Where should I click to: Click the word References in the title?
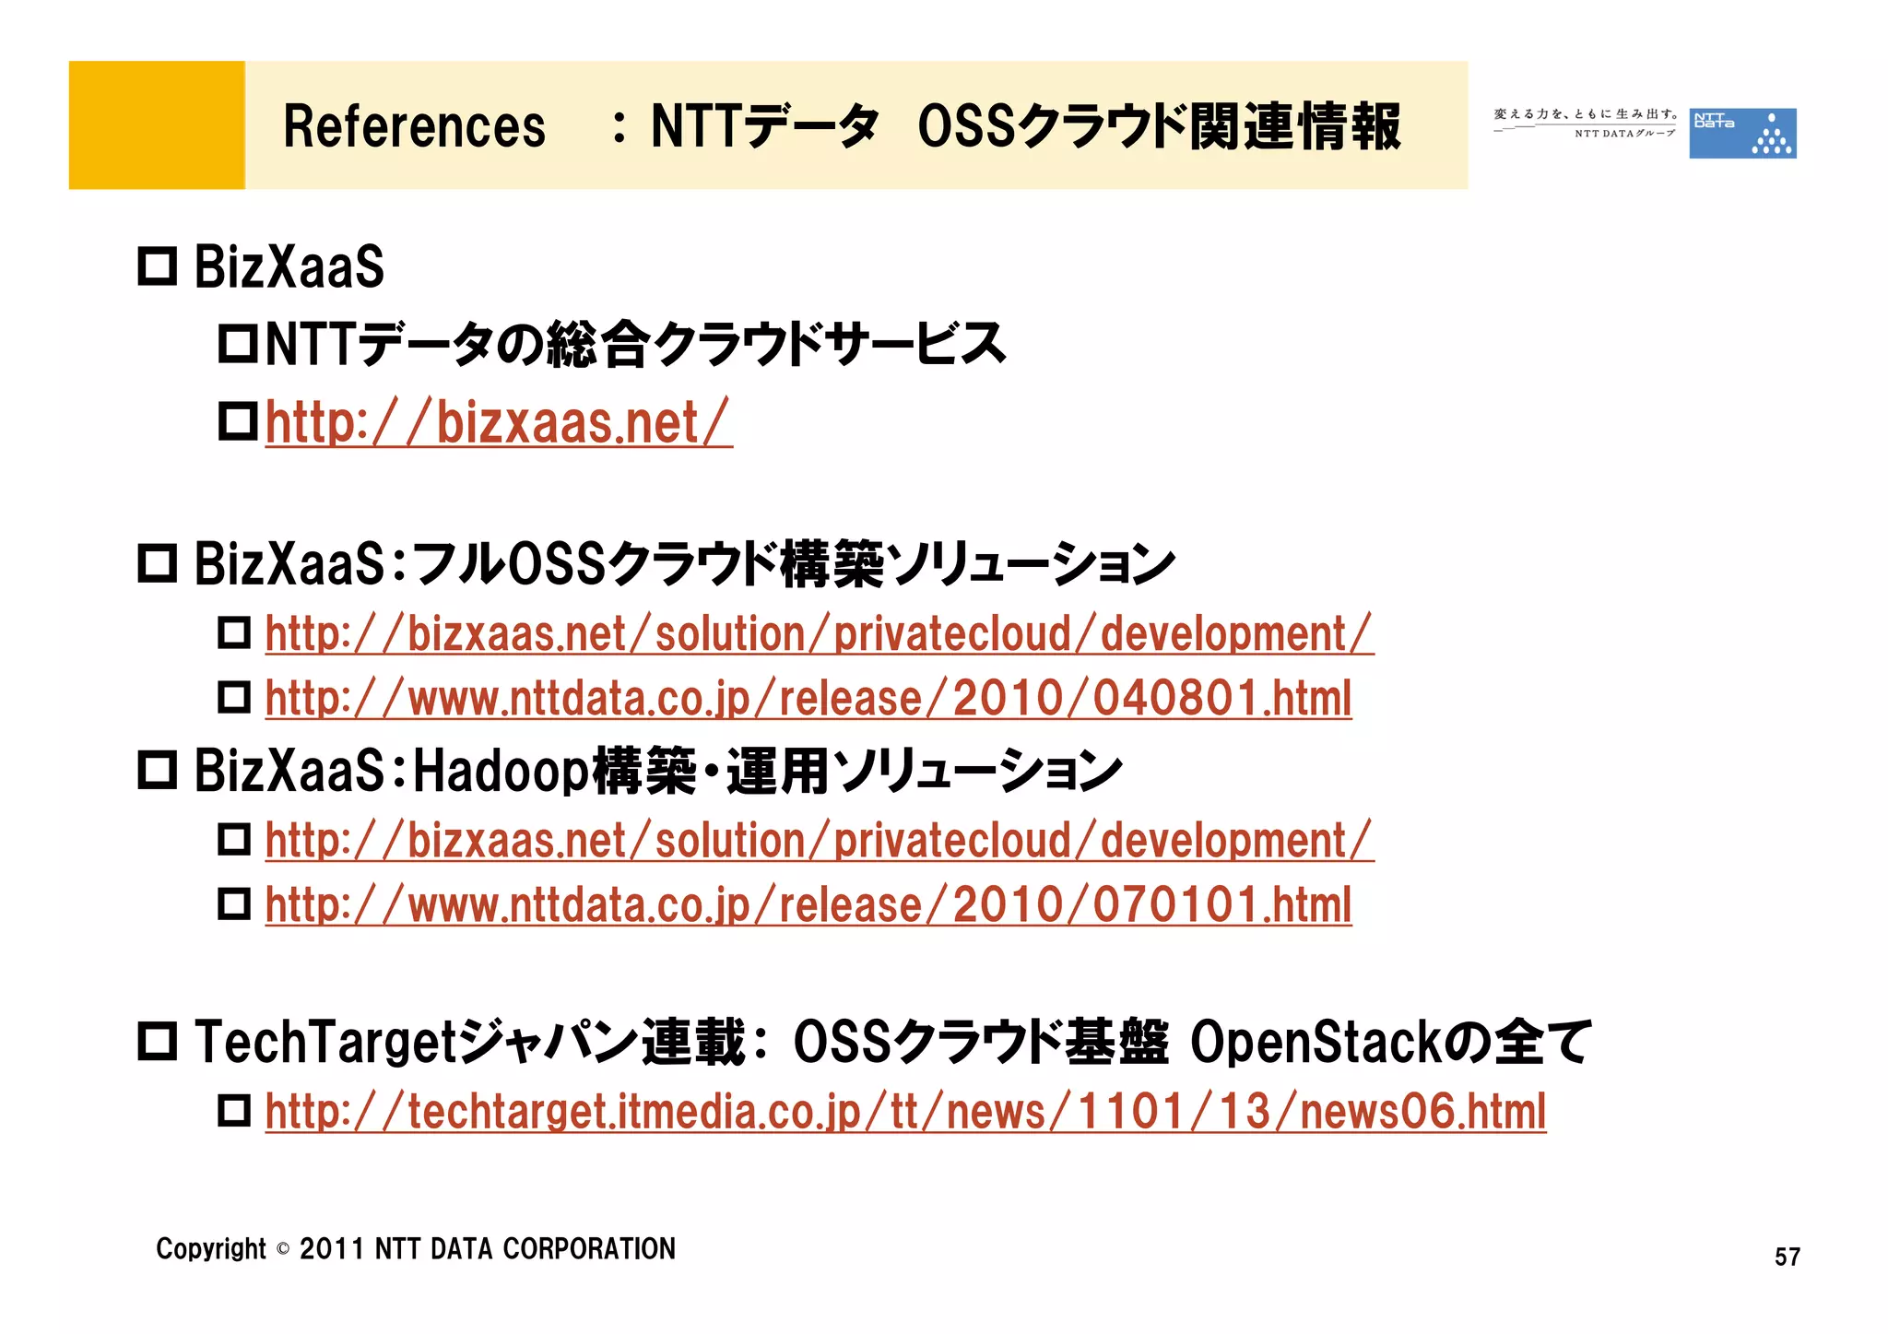(414, 126)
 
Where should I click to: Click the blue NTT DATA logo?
(1741, 133)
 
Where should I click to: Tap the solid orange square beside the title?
(157, 125)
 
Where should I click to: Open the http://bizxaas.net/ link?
(499, 423)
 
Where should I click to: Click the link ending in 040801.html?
(808, 699)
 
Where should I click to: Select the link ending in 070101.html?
(808, 905)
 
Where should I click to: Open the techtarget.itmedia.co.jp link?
(904, 1112)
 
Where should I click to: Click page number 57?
(1787, 1257)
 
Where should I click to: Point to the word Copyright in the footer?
(210, 1249)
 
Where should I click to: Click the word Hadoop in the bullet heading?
(501, 771)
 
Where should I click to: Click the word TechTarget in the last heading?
(325, 1043)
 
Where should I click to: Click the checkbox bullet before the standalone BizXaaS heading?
(157, 267)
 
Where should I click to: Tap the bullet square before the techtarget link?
(234, 1111)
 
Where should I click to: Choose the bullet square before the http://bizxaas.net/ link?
(237, 422)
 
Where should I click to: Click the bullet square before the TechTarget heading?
(157, 1042)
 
